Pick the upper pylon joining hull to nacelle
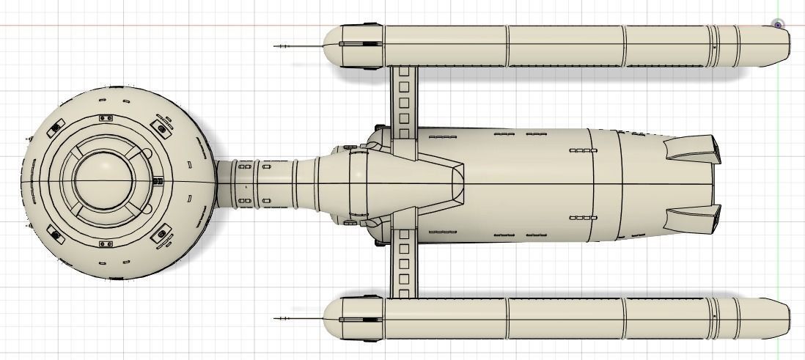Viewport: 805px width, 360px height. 403,99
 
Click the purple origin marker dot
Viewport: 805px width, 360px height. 778,25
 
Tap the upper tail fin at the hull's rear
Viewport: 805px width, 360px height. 692,150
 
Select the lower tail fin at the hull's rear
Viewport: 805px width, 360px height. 692,216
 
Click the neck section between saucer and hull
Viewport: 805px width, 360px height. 264,182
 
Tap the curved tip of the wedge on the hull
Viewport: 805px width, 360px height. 461,182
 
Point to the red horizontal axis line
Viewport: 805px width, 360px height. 147,26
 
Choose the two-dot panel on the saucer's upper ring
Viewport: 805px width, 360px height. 105,117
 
